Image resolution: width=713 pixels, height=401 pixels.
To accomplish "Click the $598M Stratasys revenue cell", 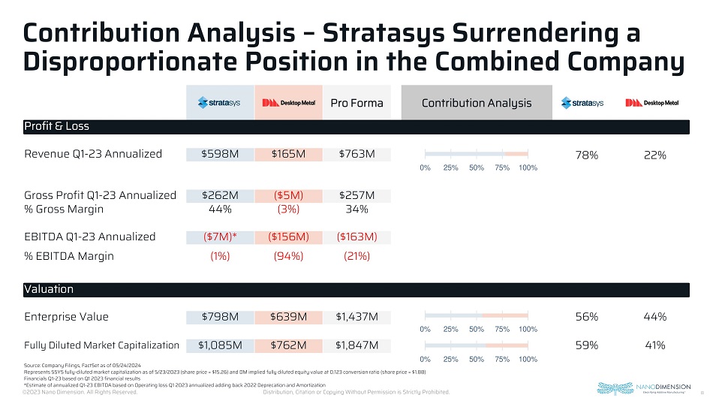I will point(220,154).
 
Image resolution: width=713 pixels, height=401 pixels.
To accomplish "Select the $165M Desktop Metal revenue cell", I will point(288,154).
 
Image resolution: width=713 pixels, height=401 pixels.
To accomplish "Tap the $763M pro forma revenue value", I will point(356,154).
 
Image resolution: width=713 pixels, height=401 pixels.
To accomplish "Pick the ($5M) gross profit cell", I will point(288,195).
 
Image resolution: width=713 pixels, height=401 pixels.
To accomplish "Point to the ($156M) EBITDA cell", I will point(288,237).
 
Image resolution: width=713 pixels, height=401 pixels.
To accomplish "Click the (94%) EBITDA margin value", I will point(288,255).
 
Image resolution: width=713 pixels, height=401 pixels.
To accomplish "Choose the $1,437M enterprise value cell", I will point(356,316).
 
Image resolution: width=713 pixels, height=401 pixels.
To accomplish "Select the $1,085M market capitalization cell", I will point(220,345).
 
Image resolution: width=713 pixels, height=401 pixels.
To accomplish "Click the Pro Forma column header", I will point(356,103).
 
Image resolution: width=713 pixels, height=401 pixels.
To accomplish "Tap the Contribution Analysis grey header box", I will point(477,103).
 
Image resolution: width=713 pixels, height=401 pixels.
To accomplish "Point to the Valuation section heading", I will point(49,289).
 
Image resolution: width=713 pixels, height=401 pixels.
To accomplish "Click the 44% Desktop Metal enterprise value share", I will point(654,316).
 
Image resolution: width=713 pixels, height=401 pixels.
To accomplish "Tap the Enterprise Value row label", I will point(66,316).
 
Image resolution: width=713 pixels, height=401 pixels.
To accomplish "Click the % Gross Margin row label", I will point(64,209).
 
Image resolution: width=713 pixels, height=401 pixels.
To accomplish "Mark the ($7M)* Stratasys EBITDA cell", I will point(220,237).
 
